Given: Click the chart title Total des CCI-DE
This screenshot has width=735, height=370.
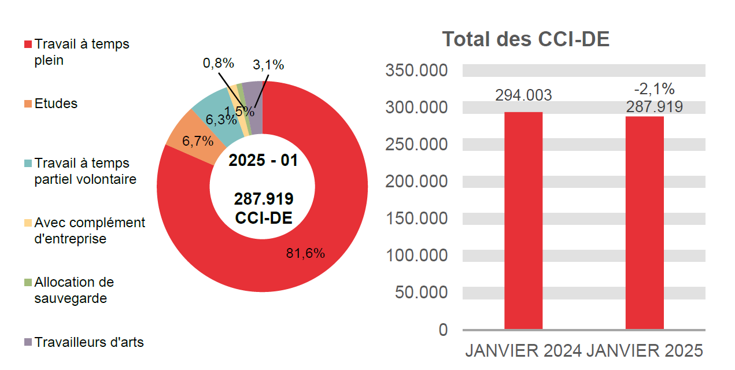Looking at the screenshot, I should pyautogui.click(x=526, y=39).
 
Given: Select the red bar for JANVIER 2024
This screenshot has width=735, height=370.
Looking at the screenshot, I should pyautogui.click(x=523, y=220).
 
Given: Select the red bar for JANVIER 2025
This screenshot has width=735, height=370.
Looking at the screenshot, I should pyautogui.click(x=644, y=223).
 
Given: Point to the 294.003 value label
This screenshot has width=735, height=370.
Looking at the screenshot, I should pyautogui.click(x=523, y=95).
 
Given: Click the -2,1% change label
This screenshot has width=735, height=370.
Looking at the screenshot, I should pyautogui.click(x=654, y=89).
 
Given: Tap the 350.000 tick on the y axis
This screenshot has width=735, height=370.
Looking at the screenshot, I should pyautogui.click(x=416, y=71).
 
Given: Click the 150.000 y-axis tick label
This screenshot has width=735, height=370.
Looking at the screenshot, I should pyautogui.click(x=416, y=219).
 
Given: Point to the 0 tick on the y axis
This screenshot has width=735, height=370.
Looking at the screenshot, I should pyautogui.click(x=443, y=330).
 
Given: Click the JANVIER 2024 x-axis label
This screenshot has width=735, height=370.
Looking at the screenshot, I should pyautogui.click(x=523, y=351).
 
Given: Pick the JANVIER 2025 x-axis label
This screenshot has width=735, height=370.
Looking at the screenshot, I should pyautogui.click(x=645, y=351).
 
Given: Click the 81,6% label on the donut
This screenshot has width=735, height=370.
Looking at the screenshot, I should pyautogui.click(x=305, y=253).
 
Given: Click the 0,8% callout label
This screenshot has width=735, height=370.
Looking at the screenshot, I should pyautogui.click(x=218, y=63).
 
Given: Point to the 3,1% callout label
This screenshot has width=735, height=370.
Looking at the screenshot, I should pyautogui.click(x=268, y=65).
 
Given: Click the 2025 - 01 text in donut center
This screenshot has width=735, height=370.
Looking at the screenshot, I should pyautogui.click(x=263, y=160).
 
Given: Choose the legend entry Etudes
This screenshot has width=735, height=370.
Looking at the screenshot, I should pyautogui.click(x=56, y=104).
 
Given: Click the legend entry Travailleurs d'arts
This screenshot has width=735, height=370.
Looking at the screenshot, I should pyautogui.click(x=88, y=342).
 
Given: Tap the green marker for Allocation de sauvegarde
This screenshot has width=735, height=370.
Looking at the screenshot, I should pyautogui.click(x=28, y=283).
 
